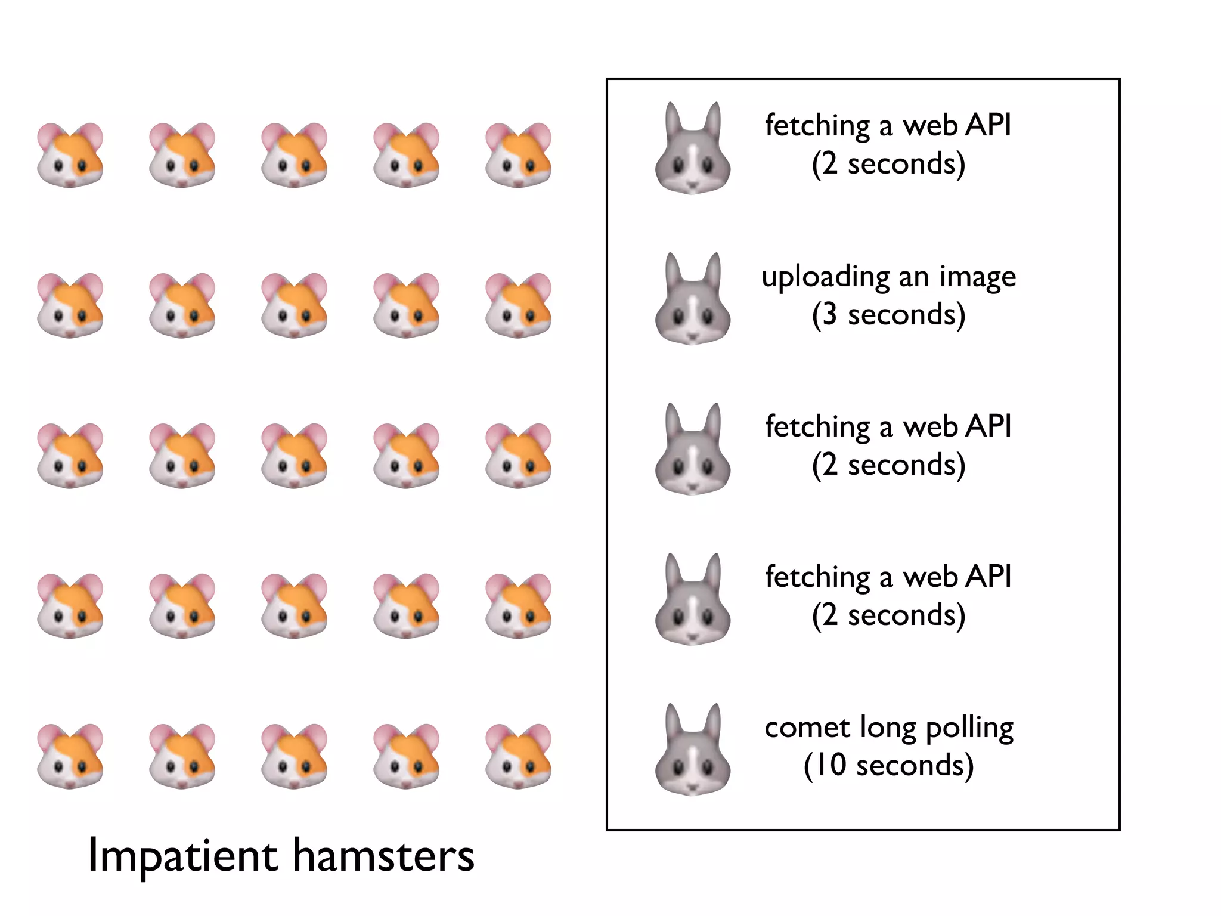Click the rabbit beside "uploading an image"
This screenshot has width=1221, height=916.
tap(693, 301)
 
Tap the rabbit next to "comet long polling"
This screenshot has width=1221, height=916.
tap(693, 751)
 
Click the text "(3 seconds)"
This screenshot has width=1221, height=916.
tap(888, 315)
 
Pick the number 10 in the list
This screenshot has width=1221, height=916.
tap(830, 765)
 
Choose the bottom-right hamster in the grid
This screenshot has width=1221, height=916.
tap(518, 756)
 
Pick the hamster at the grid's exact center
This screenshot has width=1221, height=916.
tap(294, 456)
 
